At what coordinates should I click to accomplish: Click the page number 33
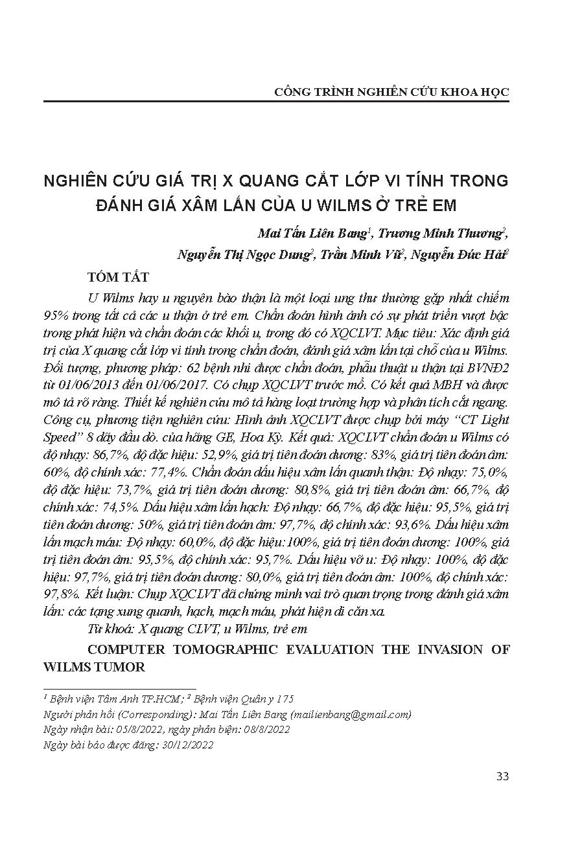[502, 776]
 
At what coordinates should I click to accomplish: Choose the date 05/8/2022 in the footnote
[124, 730]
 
